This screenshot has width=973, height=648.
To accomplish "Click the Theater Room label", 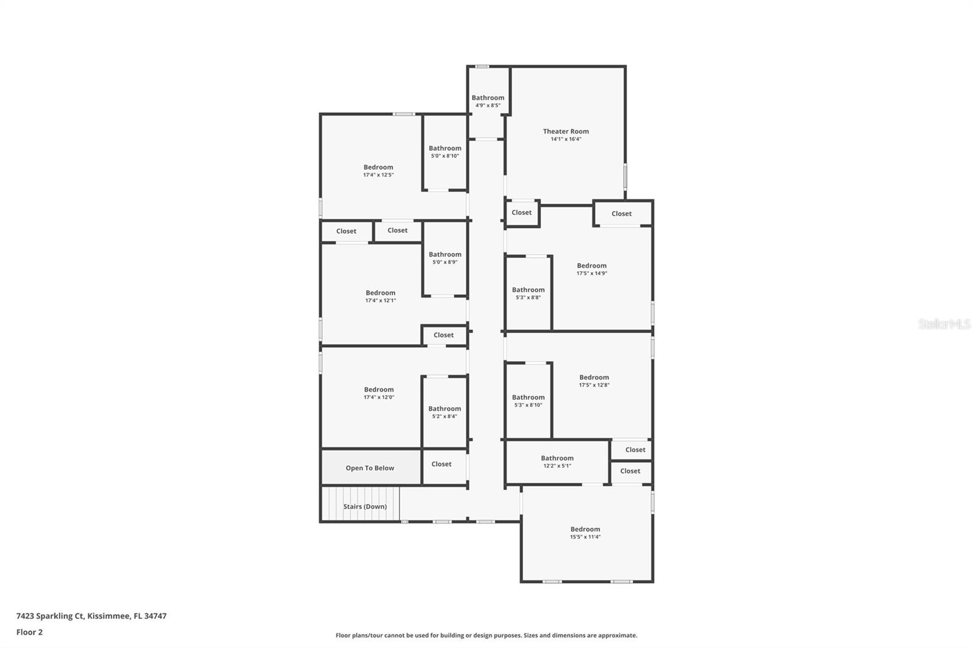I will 566,131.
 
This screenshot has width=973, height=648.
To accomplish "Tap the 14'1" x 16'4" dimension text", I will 566,139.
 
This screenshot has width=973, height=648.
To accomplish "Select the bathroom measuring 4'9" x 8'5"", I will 488,101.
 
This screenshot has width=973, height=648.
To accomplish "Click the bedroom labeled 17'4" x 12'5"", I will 378,171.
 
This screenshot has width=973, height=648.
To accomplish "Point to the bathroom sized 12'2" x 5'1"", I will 557,462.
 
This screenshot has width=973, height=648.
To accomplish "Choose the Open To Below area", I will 370,468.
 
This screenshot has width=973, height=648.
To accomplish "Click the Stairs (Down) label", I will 364,506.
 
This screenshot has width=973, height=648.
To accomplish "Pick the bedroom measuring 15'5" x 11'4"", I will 585,533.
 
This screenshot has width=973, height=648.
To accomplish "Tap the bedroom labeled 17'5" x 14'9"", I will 592,269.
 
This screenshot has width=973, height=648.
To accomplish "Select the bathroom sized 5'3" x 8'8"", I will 528,294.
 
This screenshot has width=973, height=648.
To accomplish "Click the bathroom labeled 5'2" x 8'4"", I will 445,412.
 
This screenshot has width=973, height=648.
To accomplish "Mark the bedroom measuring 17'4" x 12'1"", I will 380,297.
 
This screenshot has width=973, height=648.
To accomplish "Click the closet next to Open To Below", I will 441,464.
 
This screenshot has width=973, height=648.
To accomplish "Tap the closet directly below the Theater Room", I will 521,213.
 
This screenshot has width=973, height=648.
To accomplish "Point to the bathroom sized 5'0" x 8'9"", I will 445,258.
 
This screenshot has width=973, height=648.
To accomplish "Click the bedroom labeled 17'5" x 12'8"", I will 594,381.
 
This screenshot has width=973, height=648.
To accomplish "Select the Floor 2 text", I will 29,632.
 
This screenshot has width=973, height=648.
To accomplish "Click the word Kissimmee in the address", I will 108,616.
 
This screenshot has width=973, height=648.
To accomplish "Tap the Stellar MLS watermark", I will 944,324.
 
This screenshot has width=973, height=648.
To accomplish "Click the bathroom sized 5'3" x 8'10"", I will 528,401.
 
